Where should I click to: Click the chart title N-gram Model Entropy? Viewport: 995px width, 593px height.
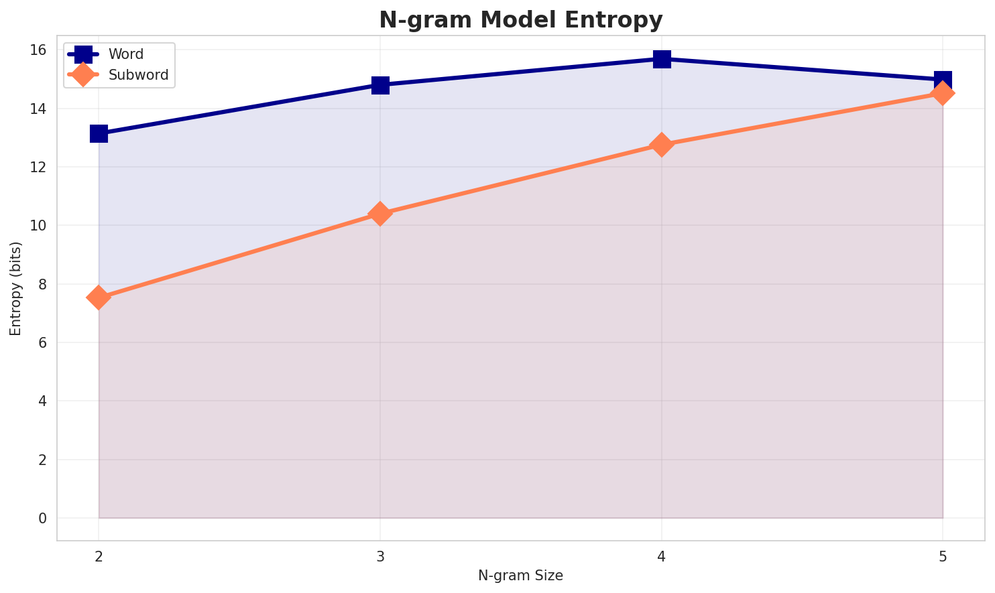520,20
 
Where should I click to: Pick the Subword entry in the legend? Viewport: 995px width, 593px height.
139,76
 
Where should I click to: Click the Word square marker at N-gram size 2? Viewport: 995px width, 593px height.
99,134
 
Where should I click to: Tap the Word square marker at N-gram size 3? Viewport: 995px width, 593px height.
380,85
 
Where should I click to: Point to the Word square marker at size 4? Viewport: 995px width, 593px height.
662,59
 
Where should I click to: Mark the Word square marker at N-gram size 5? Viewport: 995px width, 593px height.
943,80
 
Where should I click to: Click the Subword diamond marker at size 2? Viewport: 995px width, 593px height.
99,298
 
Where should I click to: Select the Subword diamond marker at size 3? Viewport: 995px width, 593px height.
380,214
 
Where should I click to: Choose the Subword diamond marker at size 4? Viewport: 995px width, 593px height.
662,145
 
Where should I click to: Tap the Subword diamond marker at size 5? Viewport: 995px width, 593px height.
943,93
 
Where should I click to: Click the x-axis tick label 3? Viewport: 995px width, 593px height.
380,556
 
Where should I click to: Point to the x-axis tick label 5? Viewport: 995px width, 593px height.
943,556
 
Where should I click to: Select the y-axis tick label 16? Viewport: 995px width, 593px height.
38,50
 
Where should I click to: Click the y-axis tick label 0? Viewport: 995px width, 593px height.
42,519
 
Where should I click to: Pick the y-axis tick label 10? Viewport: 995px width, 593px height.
38,226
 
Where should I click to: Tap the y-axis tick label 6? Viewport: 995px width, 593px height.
42,343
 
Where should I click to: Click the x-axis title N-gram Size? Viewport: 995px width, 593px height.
520,576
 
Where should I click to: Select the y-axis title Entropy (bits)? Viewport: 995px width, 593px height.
15,288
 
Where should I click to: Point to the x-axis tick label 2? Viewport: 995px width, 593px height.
99,556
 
